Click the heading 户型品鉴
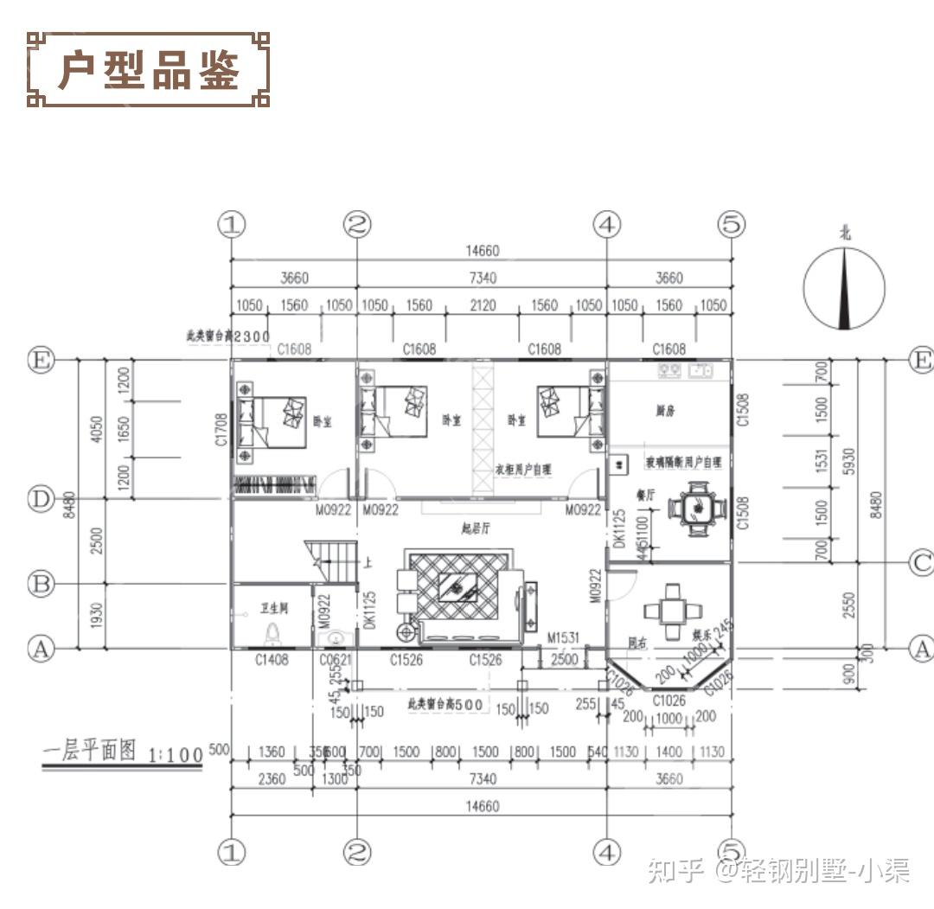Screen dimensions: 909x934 tap(148, 70)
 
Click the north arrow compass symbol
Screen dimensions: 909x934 tap(844, 287)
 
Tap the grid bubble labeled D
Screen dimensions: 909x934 tap(40, 500)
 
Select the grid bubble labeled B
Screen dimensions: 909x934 tap(40, 584)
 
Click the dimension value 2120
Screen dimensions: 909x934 tap(482, 305)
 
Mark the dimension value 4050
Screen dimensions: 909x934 tap(96, 430)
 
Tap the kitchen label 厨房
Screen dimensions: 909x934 tap(665, 412)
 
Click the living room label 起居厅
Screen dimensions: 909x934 tap(476, 528)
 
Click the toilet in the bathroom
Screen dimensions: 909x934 tap(274, 634)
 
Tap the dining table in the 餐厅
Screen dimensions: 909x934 tap(696, 508)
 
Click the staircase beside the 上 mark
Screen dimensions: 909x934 tap(333, 561)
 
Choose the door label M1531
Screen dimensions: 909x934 tap(562, 638)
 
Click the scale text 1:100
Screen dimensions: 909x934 tap(176, 755)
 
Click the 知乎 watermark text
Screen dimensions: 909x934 tap(676, 869)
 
